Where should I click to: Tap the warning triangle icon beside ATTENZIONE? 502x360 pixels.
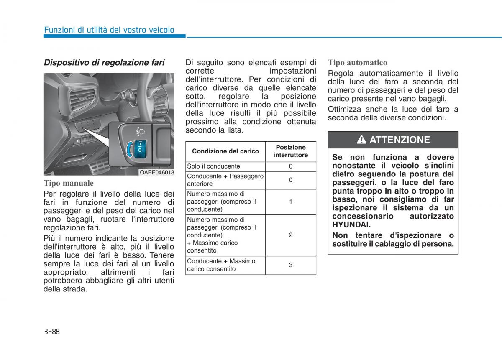[x=361, y=140]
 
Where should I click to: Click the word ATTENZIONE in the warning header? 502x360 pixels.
[x=400, y=140]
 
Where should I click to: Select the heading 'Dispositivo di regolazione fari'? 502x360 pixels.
[x=104, y=63]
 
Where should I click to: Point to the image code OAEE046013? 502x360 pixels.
[x=156, y=172]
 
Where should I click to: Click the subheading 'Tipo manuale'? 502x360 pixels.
[x=69, y=183]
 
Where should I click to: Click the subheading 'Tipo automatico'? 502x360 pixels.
[x=358, y=63]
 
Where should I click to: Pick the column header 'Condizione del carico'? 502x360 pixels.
[x=225, y=151]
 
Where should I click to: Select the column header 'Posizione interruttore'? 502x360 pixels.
[x=290, y=151]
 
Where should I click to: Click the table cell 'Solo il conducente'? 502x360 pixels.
[x=214, y=166]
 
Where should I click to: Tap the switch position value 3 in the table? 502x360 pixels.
[x=290, y=265]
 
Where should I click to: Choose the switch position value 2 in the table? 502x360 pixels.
[x=290, y=235]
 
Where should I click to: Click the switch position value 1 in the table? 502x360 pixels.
[x=290, y=202]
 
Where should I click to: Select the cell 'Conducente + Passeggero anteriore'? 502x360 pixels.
[x=225, y=180]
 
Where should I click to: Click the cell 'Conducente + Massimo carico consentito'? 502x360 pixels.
[x=221, y=265]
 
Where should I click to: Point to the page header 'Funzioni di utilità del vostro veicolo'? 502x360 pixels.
[x=109, y=30]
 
